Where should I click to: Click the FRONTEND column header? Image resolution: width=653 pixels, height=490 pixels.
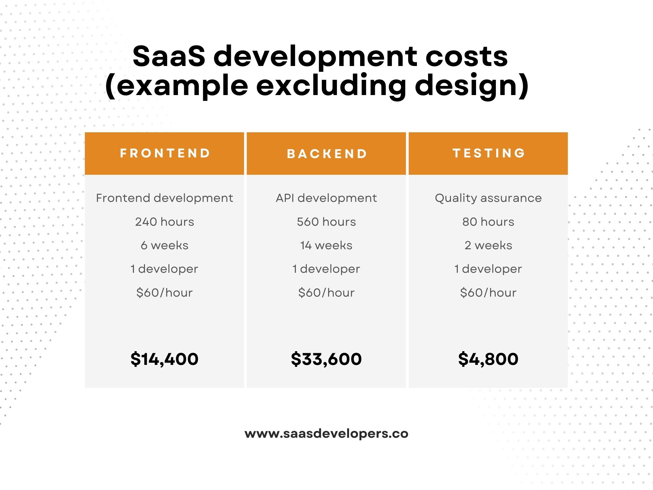(165, 153)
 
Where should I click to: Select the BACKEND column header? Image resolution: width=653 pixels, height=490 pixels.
(326, 154)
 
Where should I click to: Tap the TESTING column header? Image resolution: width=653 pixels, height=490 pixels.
(488, 153)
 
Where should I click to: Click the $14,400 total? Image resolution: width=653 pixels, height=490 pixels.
(164, 359)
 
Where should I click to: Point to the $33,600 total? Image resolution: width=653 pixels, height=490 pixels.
(326, 359)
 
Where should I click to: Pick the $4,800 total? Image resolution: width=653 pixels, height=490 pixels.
(488, 359)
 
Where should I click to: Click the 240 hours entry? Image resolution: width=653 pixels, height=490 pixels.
(165, 222)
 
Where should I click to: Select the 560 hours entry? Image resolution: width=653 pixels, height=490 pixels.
(326, 222)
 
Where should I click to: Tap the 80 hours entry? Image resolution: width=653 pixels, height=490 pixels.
(488, 222)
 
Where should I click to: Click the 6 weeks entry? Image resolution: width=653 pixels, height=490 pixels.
(165, 245)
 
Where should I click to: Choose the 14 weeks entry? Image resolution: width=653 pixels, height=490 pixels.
(326, 245)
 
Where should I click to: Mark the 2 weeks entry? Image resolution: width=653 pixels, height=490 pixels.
(488, 245)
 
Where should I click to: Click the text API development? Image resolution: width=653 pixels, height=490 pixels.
(326, 198)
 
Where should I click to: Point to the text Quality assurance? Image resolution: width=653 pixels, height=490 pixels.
(488, 198)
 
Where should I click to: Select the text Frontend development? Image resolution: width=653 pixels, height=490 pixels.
(165, 198)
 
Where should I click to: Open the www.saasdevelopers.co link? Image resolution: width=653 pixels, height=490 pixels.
(326, 434)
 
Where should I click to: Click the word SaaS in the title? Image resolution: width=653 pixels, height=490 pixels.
(169, 56)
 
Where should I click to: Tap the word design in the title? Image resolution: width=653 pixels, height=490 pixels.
(467, 86)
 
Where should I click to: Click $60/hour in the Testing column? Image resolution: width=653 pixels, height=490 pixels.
(488, 293)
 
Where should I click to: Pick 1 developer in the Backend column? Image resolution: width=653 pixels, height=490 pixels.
(326, 269)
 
